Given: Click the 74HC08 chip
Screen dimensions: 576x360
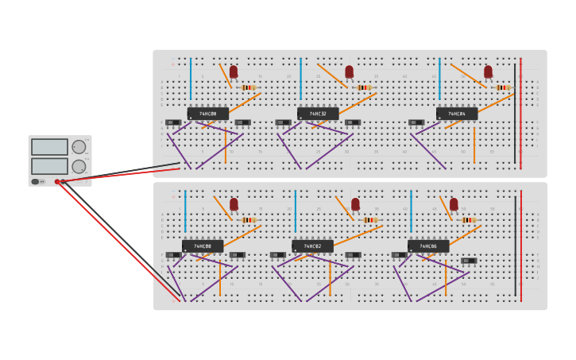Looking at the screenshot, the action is point(207,114).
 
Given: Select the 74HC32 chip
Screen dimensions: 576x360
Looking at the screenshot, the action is point(318,114).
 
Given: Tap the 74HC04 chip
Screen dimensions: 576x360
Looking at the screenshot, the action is point(457,114).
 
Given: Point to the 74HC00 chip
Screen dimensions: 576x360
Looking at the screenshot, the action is point(203,246).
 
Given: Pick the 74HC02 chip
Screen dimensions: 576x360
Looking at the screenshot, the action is point(312,246).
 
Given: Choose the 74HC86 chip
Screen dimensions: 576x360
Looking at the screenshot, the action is point(428,246).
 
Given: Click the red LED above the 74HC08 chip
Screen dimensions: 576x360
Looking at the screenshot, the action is point(234,72).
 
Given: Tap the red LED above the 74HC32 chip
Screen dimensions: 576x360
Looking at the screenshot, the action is point(349,72).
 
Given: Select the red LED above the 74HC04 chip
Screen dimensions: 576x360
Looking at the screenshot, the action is point(488,72).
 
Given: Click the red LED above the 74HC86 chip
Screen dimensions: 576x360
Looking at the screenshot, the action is point(454,204).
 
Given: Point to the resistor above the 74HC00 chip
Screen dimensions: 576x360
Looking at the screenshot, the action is point(249,220).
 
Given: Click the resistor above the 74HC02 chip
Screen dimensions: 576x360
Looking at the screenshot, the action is point(370,220).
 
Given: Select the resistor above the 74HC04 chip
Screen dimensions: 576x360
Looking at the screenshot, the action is point(502,87).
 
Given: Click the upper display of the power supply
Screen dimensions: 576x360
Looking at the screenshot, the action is point(49,147).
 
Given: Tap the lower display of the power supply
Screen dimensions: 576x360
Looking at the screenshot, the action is point(49,166).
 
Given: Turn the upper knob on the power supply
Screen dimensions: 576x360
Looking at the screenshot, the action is point(79,147).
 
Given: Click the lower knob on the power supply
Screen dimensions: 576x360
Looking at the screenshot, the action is point(79,167).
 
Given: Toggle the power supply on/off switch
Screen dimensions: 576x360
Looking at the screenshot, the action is point(36,182).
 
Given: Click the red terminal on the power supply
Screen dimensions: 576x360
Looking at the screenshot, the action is point(57,182).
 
